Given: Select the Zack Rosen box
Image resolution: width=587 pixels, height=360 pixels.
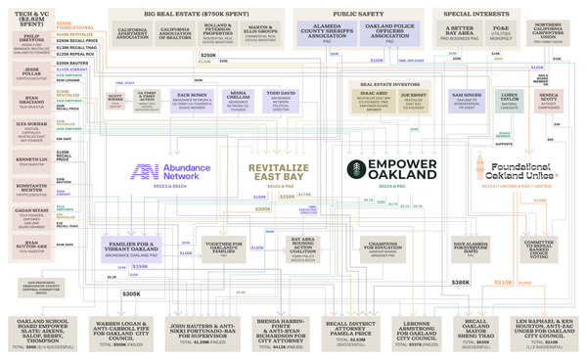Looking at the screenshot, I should point(192,101).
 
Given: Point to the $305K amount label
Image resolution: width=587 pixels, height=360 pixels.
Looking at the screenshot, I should point(131,293).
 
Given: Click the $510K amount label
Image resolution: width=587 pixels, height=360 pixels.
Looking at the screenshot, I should point(504,282).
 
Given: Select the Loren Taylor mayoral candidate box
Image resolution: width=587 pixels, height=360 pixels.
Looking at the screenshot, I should point(510,101).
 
